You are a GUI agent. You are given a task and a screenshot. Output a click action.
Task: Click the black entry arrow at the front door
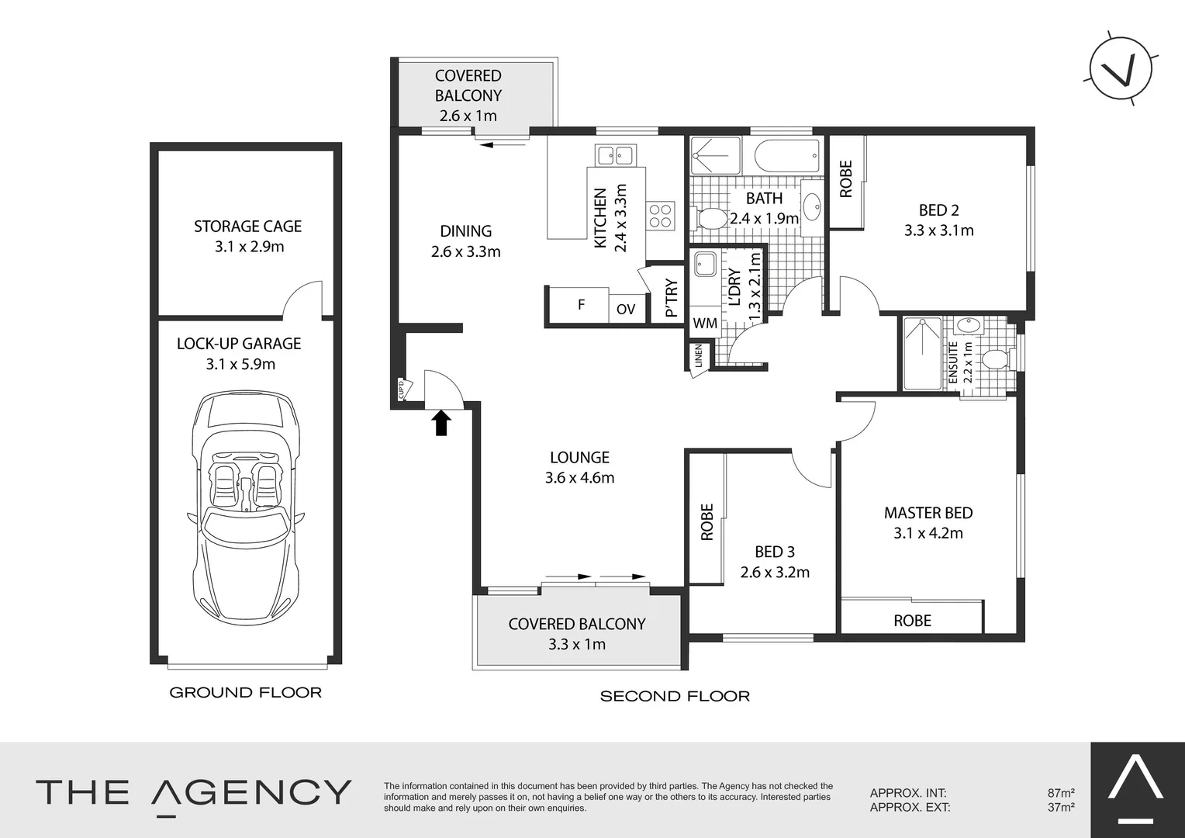441,423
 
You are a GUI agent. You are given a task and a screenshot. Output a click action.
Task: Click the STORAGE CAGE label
247,227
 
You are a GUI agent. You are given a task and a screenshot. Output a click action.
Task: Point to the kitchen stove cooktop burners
661,215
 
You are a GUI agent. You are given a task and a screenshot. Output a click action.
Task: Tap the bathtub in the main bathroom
787,157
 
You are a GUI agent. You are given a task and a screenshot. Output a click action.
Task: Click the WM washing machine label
704,323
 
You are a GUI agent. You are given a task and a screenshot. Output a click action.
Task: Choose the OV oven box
626,309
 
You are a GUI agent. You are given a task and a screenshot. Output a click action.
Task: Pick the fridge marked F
580,305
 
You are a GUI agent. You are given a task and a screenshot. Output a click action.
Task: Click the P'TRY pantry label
672,299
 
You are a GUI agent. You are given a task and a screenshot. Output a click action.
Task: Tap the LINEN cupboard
698,357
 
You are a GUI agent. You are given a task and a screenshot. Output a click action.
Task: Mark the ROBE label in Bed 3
707,521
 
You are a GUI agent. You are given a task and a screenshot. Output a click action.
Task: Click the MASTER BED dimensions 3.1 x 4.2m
928,533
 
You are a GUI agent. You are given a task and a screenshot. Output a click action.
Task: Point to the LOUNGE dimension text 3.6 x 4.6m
579,478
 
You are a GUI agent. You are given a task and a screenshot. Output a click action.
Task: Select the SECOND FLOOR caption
675,696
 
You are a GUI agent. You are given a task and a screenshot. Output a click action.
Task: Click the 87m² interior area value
1060,793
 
